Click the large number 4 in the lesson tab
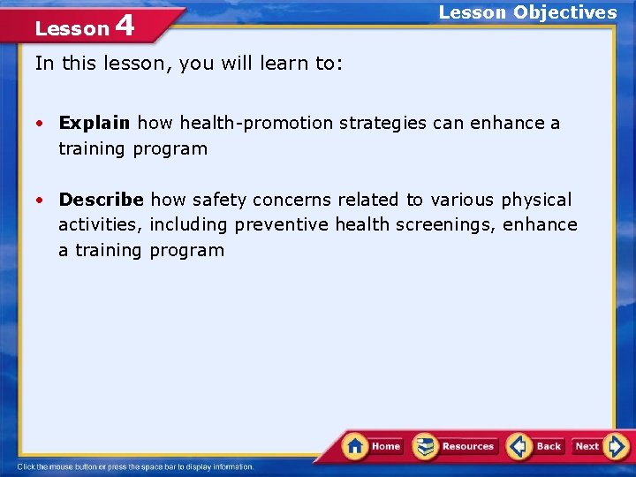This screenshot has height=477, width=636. click(125, 26)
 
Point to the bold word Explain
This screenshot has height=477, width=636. click(95, 123)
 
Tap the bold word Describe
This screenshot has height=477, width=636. click(101, 200)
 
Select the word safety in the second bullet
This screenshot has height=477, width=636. click(216, 200)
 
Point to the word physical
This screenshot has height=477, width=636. click(536, 200)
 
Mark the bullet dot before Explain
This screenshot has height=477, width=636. click(42, 124)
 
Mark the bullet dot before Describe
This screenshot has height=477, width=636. click(42, 201)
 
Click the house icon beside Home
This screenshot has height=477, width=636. click(356, 446)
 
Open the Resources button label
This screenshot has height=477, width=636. click(468, 447)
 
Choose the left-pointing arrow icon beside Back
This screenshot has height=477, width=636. click(519, 446)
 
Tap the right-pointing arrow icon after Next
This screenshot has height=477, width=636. click(617, 446)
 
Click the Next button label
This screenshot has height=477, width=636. click(587, 447)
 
